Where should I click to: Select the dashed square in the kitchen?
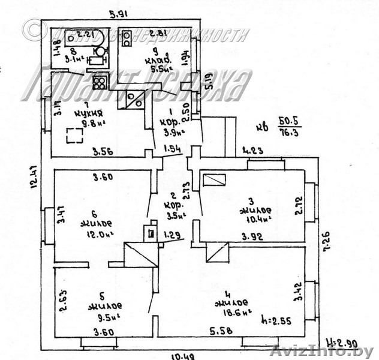click(x=75, y=136)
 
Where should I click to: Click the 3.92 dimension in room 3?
click(x=254, y=236)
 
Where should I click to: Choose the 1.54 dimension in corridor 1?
click(x=172, y=148)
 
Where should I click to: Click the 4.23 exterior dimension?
click(x=254, y=151)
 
